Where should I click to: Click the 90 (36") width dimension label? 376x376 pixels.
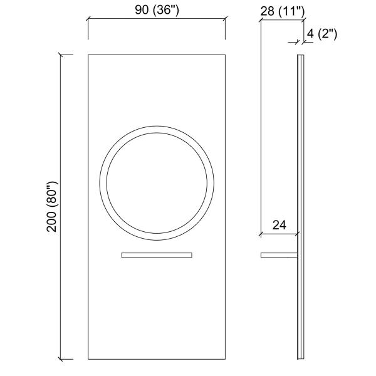[x=157, y=10]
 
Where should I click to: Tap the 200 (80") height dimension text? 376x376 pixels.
[x=52, y=207]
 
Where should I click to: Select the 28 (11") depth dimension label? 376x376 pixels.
[x=283, y=11]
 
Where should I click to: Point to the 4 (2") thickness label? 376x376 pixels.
[x=322, y=34]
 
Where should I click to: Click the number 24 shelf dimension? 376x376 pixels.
[x=279, y=225]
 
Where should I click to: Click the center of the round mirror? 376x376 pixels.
[x=157, y=183]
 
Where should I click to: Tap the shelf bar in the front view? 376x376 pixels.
[x=157, y=255]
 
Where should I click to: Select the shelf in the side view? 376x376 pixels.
[x=279, y=255]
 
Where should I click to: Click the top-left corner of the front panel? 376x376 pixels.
[x=88, y=55]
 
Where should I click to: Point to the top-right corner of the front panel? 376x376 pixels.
[x=225, y=55]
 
